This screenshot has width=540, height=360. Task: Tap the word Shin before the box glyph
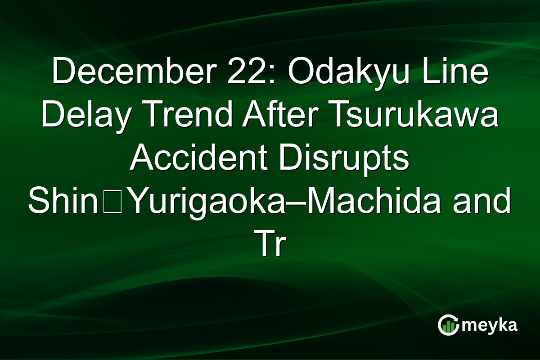coord(63,202)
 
